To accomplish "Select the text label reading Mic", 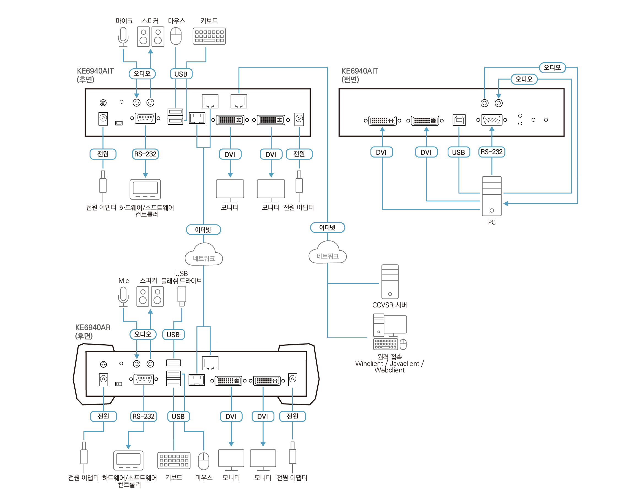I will click(123, 280).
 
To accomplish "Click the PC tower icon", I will click(492, 196).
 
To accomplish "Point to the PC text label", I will click(492, 223).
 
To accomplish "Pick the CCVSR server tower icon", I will click(390, 282).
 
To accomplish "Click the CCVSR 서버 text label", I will click(389, 305).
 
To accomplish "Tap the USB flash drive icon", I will click(182, 296).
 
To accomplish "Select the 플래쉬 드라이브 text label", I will click(182, 281).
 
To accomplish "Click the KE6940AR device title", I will click(93, 327).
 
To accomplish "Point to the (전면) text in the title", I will click(350, 80).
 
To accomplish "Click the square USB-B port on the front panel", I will click(459, 120).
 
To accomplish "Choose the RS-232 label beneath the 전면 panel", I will click(492, 152).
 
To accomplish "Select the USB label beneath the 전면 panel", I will click(459, 152).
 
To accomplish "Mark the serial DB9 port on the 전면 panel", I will click(492, 120).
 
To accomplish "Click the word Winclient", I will click(369, 364).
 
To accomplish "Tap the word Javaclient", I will click(404, 364).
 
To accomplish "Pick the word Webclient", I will click(389, 370).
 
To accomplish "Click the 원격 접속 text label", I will click(389, 357).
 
